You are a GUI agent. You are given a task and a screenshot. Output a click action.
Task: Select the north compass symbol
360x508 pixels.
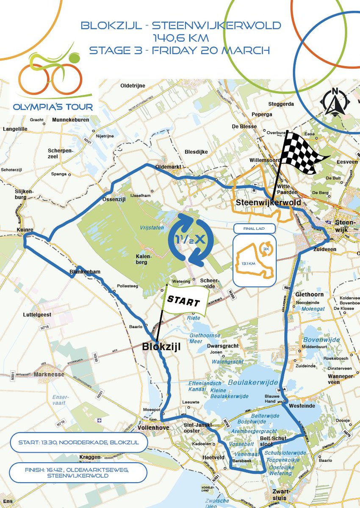click(335, 102)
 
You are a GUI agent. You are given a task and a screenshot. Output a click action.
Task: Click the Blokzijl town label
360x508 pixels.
click(161, 347)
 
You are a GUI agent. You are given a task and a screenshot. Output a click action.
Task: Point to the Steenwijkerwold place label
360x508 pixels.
click(269, 202)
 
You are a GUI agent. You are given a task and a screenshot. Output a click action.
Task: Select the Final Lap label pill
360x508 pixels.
click(254, 229)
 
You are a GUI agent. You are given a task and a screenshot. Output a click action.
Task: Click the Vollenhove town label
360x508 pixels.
click(153, 428)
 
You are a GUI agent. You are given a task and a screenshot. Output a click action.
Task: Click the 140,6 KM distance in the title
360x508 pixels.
click(180, 37)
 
